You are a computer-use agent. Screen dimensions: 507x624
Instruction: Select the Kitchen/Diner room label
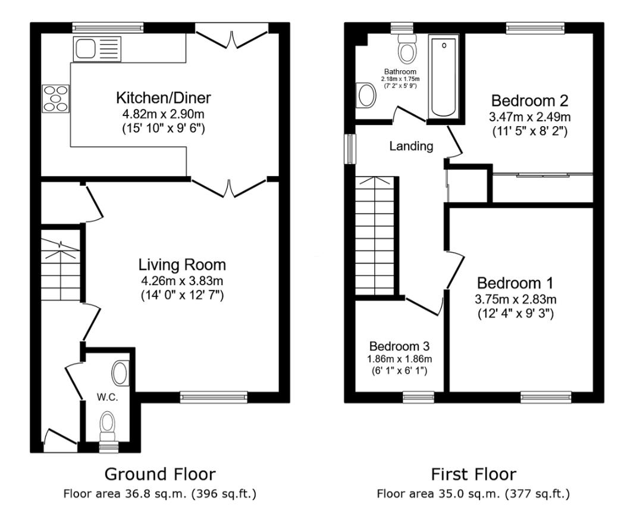pyautogui.click(x=164, y=97)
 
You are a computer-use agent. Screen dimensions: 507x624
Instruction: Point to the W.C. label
pyautogui.click(x=108, y=398)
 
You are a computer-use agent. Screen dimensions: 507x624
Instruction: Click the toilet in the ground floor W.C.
pyautogui.click(x=108, y=425)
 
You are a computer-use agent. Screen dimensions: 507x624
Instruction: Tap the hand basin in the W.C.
pyautogui.click(x=120, y=374)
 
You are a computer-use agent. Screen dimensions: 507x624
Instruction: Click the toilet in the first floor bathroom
pyautogui.click(x=407, y=49)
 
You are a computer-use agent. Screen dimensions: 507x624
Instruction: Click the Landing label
pyautogui.click(x=411, y=146)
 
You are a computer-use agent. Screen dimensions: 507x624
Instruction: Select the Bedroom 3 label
pyautogui.click(x=399, y=346)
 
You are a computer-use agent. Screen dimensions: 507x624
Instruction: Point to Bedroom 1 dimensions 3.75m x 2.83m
pyautogui.click(x=515, y=299)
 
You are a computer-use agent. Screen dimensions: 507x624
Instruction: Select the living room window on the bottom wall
pyautogui.click(x=214, y=397)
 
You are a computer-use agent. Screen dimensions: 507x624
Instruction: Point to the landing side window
pyautogui.click(x=351, y=148)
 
